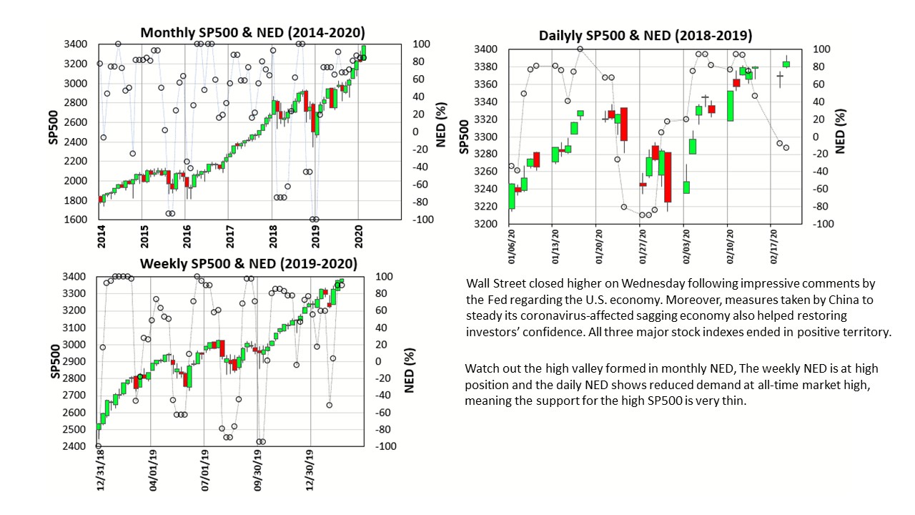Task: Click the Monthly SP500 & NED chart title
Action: (252, 32)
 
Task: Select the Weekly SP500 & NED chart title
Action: (248, 263)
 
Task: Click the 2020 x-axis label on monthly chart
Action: (358, 235)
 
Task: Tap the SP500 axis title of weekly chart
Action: (54, 361)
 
